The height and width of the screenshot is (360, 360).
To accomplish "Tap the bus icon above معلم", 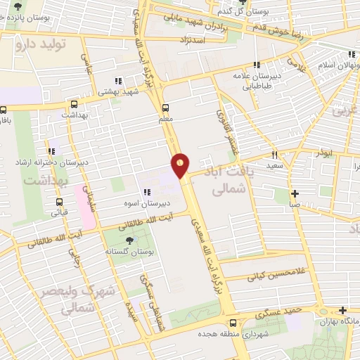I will [166, 108].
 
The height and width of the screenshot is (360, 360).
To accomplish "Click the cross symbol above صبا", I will [295, 193].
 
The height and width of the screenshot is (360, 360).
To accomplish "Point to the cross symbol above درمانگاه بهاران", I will [342, 310].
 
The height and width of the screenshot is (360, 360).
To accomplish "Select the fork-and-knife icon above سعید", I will [275, 155].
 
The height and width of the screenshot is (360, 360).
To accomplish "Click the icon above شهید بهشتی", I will [119, 80].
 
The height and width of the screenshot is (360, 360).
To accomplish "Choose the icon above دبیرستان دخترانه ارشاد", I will [51, 151].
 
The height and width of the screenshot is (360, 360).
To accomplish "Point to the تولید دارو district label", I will [41, 44].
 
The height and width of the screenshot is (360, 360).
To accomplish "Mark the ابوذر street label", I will [324, 153].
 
